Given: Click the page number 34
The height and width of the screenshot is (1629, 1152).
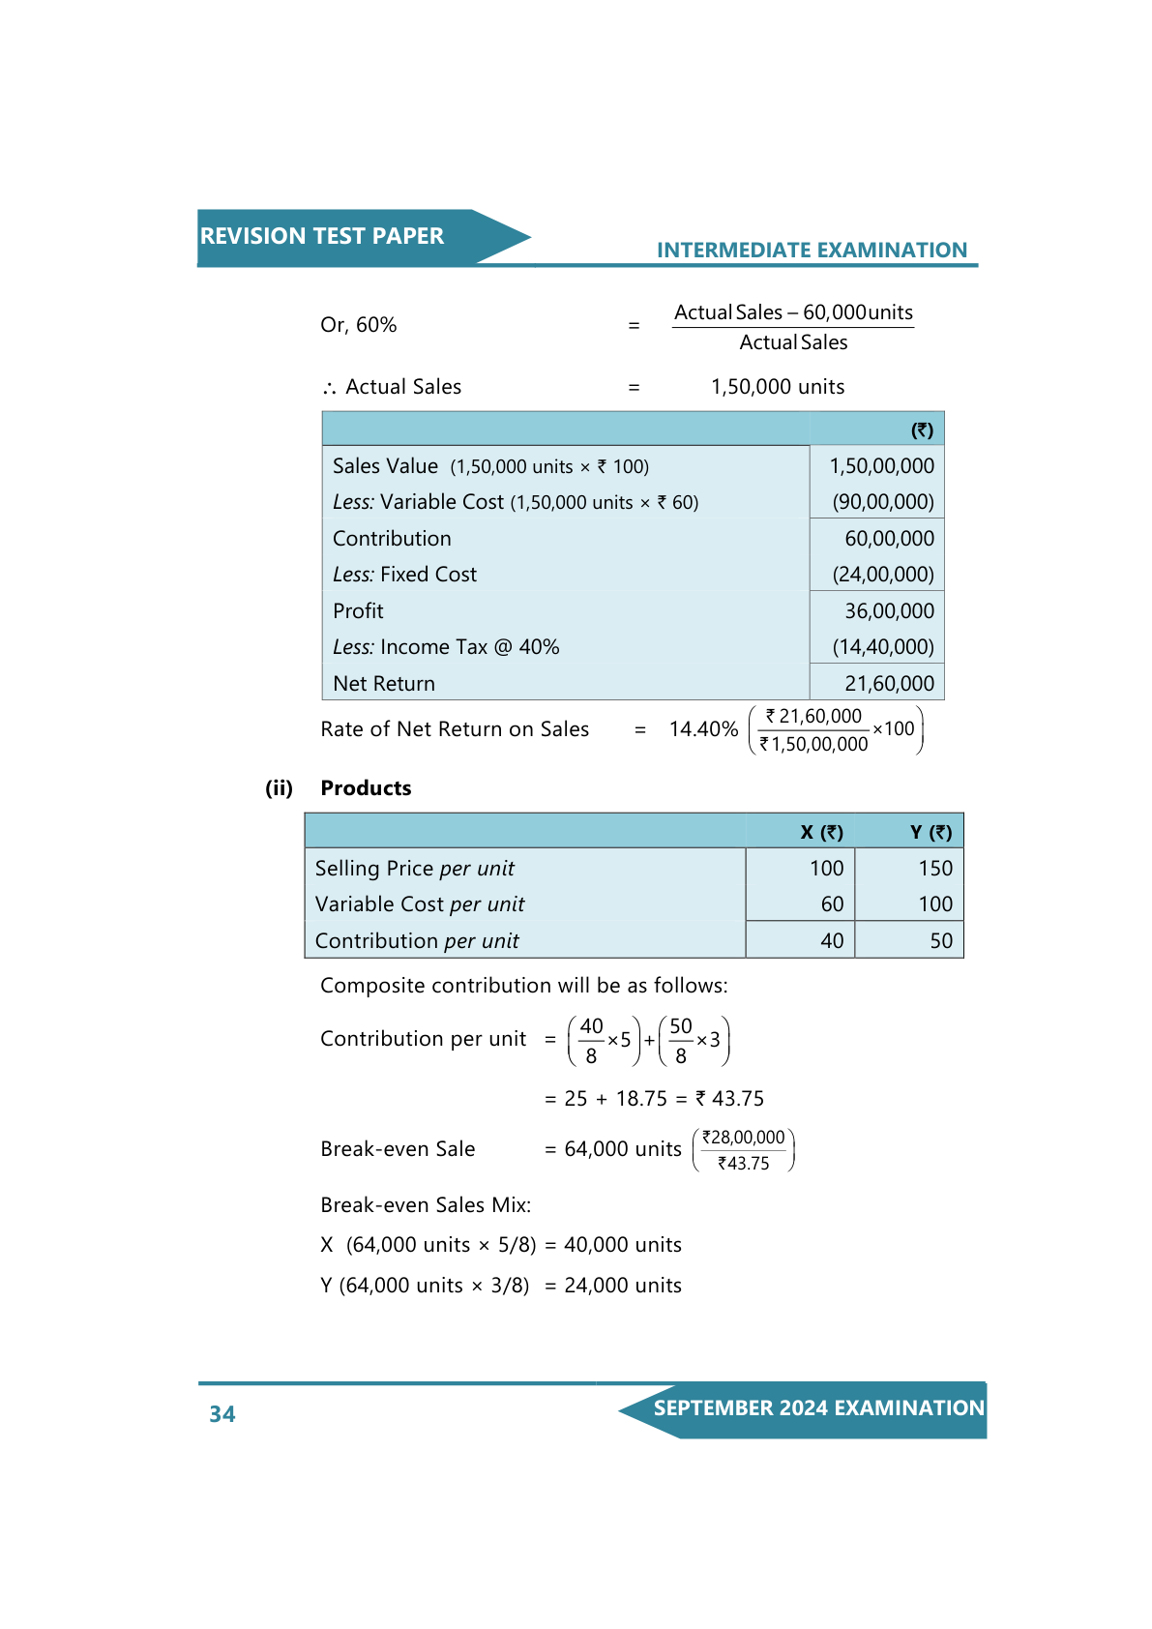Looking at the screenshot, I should (x=222, y=1414).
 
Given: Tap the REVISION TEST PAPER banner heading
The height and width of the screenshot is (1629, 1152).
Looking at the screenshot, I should (x=322, y=236).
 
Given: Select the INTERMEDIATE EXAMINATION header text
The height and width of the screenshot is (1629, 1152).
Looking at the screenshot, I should (x=812, y=251).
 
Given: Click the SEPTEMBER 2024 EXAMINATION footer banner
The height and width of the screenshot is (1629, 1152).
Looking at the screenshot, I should (x=818, y=1408).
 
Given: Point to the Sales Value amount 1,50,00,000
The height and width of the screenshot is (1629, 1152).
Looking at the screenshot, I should (x=881, y=466).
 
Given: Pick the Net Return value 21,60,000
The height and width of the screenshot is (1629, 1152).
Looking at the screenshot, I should (x=889, y=684).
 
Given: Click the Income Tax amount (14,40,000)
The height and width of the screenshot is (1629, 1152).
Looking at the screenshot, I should (x=883, y=647).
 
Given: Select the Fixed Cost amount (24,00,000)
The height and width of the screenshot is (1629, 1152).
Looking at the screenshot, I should (x=883, y=575).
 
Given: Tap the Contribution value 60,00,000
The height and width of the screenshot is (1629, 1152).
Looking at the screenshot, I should (x=889, y=539).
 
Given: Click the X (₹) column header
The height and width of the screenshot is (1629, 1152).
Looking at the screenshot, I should (x=821, y=832).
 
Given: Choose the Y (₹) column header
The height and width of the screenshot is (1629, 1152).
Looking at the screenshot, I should (x=930, y=832).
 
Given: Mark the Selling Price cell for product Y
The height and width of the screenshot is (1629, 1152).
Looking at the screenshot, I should (x=935, y=869).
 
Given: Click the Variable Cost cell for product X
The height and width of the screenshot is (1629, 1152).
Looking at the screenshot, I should (x=832, y=904).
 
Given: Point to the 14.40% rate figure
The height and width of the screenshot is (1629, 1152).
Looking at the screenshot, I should (x=703, y=729).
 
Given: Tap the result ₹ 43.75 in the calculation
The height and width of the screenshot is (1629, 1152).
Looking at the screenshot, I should (x=729, y=1099).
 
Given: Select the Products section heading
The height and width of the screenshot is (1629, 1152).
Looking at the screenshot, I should (x=366, y=788).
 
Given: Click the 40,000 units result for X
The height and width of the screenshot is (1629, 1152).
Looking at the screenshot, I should (x=623, y=1245).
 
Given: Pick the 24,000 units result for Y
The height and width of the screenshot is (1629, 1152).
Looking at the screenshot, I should (x=623, y=1286).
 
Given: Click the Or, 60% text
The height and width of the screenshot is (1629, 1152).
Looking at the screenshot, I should (x=358, y=325).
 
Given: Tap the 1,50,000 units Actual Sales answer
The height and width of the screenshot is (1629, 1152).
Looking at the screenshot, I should (x=778, y=387).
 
